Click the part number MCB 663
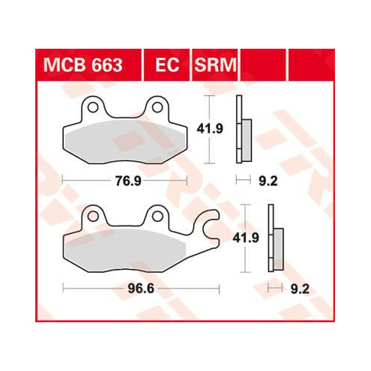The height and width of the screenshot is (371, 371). (x=82, y=65)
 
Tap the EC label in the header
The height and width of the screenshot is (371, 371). (x=167, y=65)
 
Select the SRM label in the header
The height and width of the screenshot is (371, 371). (x=215, y=65)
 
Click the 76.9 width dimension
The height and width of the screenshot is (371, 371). (x=128, y=181)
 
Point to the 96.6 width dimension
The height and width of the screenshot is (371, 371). (x=141, y=289)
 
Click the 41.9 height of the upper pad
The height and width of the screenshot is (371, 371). (x=210, y=129)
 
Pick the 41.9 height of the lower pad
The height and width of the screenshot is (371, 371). (x=246, y=238)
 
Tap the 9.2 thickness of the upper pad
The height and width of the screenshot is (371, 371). (x=268, y=181)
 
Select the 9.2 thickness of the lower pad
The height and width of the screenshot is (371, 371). (x=300, y=289)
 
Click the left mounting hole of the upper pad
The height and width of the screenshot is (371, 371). (x=93, y=107)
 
